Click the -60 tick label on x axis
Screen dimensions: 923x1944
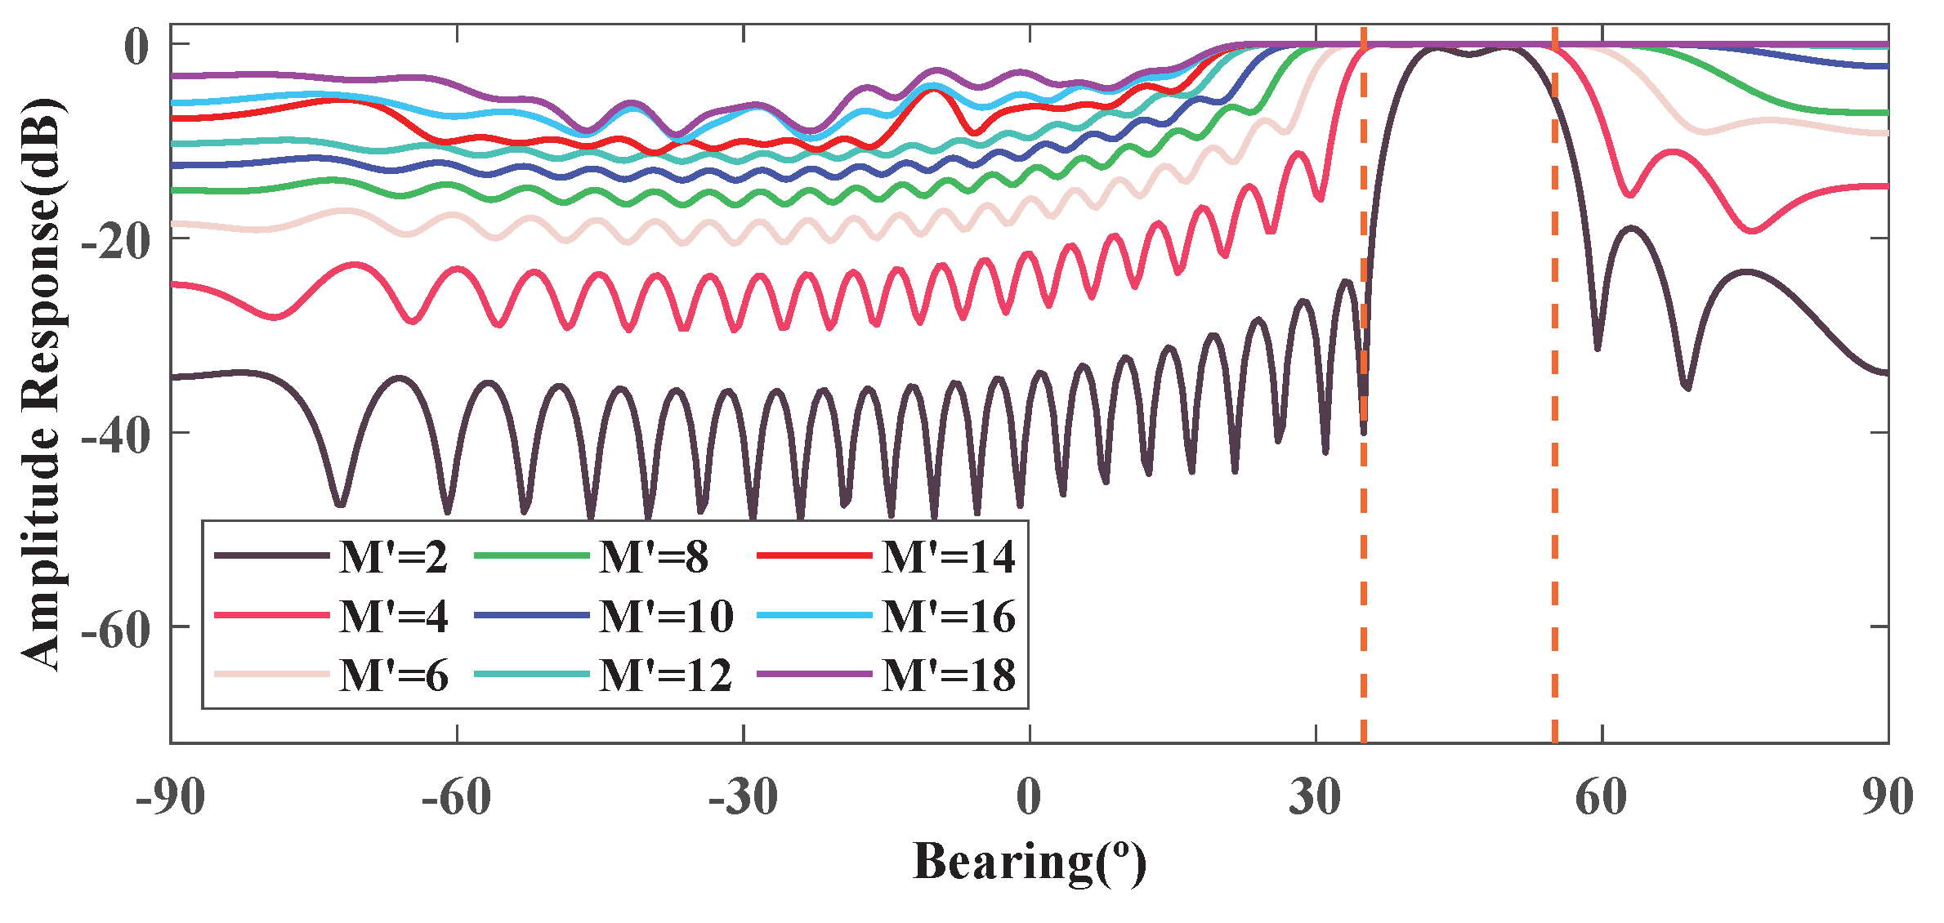click(x=456, y=797)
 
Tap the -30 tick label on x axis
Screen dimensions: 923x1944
click(x=742, y=797)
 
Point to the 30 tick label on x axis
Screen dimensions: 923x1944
click(x=1315, y=797)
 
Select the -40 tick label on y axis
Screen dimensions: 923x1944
click(x=116, y=435)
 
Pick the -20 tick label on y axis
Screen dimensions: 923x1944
click(x=116, y=241)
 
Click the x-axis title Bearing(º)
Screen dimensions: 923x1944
click(x=1029, y=863)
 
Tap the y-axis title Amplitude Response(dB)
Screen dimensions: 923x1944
click(x=41, y=384)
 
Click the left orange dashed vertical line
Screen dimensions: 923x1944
click(x=1364, y=572)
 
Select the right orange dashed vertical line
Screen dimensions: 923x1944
click(x=1554, y=572)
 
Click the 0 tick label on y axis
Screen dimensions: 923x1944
click(x=136, y=47)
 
